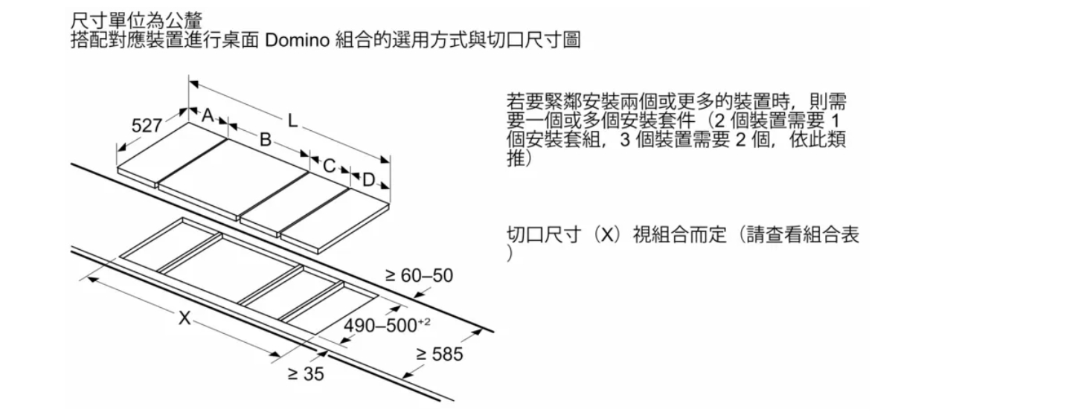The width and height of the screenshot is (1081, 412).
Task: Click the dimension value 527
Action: click(147, 126)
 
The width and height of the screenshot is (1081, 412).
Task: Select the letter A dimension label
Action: click(208, 115)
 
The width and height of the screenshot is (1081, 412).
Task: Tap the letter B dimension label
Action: click(265, 139)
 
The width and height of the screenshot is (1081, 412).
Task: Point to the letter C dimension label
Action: click(329, 166)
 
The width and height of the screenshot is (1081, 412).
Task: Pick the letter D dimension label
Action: click(368, 180)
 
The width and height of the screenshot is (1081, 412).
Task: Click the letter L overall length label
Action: click(292, 120)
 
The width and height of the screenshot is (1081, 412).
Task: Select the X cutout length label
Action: click(184, 318)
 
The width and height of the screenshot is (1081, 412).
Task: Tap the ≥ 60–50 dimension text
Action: click(419, 275)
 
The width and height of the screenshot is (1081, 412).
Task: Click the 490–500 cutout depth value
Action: click(379, 326)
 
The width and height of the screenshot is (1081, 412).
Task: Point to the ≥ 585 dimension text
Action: click(439, 354)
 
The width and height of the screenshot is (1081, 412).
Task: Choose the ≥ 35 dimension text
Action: click(306, 374)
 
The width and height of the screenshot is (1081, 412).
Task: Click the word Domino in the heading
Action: click(298, 40)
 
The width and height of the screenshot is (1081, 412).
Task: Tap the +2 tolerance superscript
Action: click(424, 321)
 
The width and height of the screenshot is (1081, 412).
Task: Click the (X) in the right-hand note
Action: click(606, 235)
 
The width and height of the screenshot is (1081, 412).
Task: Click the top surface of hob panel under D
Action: click(335, 218)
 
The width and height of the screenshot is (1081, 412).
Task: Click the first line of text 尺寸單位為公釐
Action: click(137, 21)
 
